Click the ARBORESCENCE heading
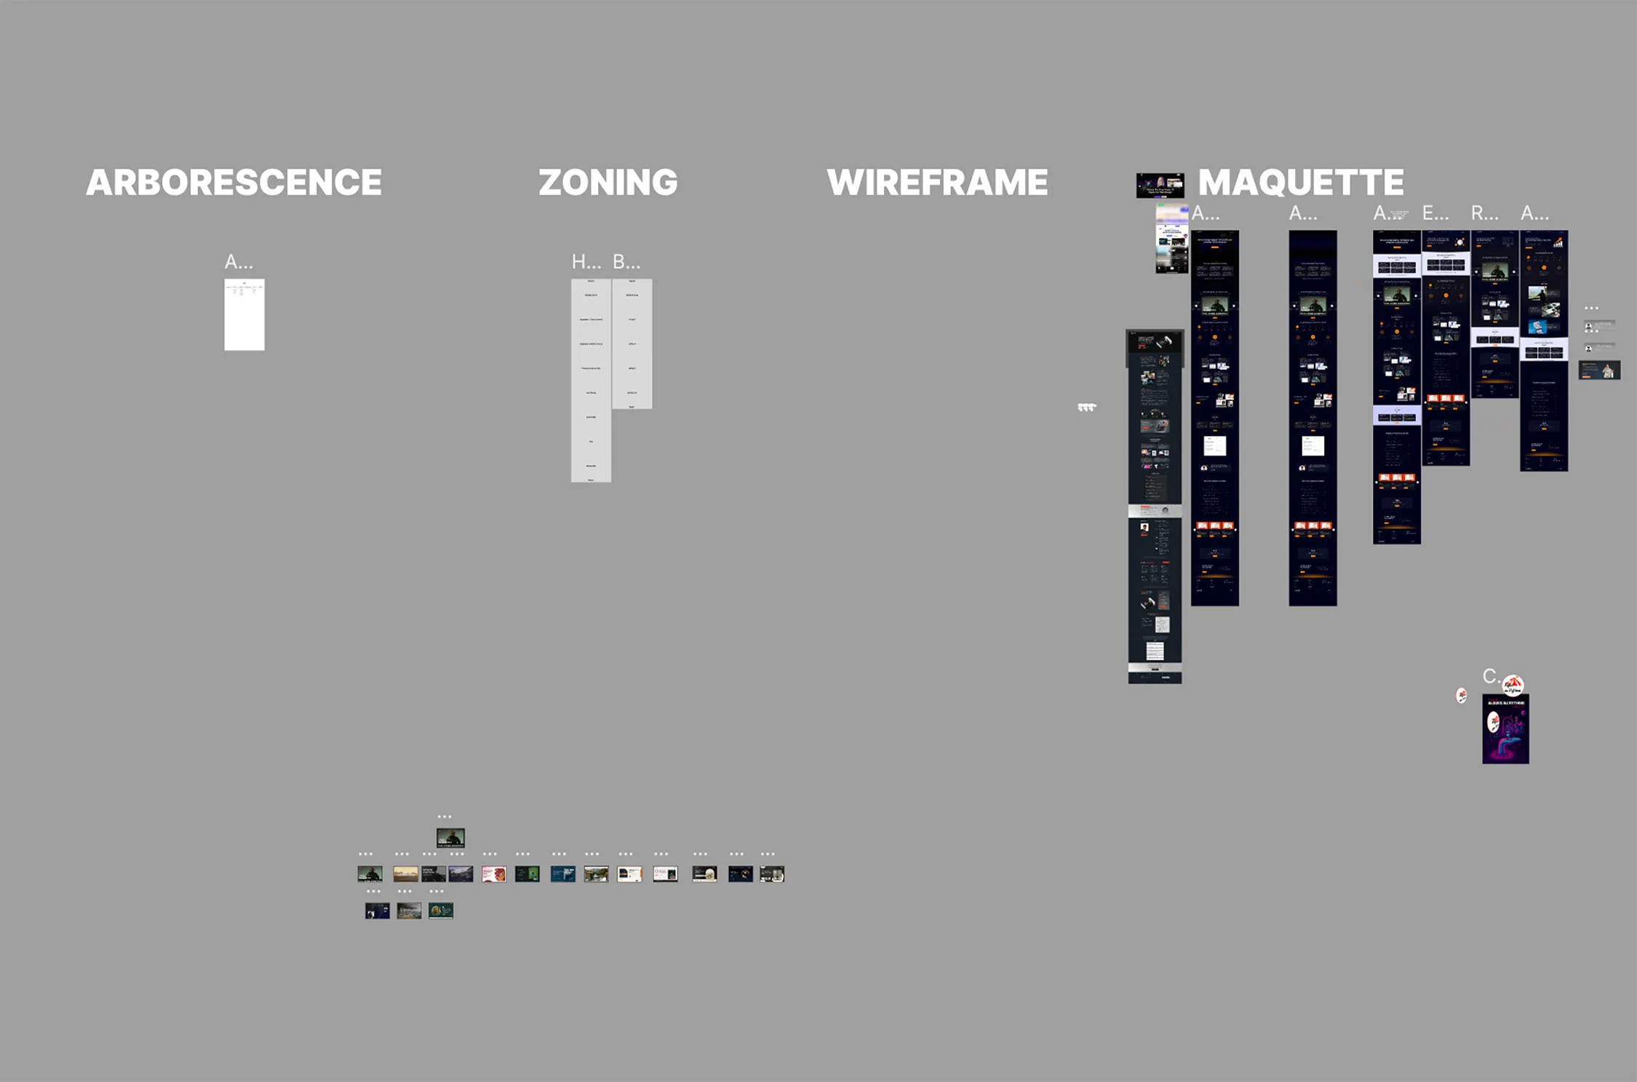point(234,182)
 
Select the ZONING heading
point(608,182)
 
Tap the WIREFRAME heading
point(937,182)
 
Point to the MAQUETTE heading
point(1301,182)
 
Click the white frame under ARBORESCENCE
point(244,314)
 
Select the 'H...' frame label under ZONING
point(586,262)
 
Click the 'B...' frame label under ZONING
point(626,262)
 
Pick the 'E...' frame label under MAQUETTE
point(1435,214)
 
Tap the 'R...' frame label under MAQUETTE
point(1484,214)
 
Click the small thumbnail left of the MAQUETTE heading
point(1160,186)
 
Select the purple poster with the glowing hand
point(1505,729)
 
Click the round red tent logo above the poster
point(1513,685)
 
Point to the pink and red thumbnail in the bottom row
point(494,874)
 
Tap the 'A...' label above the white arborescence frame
point(238,262)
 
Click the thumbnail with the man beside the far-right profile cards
point(1599,370)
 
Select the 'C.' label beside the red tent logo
point(1490,677)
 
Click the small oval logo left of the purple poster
point(1461,696)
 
